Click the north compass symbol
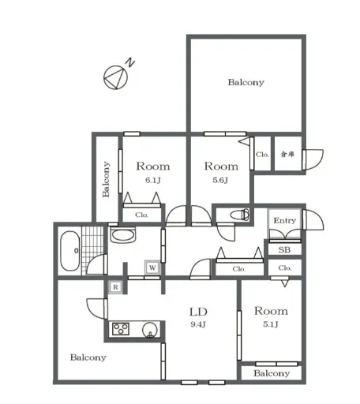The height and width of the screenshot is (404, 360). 116,77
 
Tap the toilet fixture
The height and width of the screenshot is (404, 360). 240,215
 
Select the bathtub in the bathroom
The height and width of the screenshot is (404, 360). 70,251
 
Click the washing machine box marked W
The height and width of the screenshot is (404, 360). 152,267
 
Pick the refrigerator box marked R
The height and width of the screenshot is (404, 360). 115,287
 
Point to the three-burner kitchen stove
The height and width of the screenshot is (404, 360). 121,329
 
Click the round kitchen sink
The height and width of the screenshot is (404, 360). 150,330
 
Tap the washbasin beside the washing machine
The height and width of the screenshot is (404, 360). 123,235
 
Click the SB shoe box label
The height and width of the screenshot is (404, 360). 284,249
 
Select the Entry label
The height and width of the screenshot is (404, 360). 285,220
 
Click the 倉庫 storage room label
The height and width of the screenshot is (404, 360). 287,154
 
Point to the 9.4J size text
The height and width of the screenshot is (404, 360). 198,324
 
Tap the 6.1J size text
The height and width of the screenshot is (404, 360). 153,180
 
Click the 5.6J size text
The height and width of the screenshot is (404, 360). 220,180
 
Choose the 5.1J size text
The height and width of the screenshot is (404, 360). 271,324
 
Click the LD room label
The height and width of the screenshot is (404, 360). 198,312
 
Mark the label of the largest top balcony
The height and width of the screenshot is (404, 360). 246,82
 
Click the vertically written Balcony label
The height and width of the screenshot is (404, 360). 106,179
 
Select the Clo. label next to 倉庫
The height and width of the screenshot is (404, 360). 262,155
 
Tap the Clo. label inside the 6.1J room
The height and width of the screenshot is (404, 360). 142,215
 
